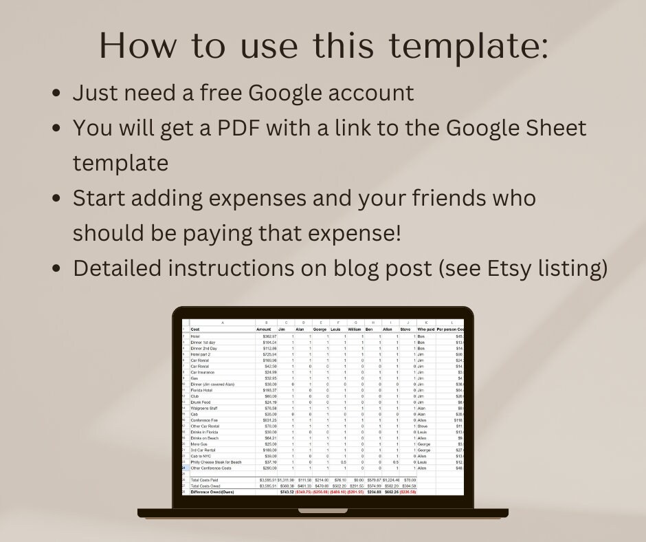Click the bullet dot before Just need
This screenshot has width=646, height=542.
coord(57,94)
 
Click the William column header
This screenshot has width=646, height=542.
coord(355,329)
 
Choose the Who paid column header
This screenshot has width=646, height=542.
coord(426,329)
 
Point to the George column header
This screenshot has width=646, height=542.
coord(320,329)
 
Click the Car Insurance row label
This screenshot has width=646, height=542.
coord(203,372)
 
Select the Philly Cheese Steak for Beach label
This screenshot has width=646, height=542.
coord(216,462)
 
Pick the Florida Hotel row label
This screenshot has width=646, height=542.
coord(201,390)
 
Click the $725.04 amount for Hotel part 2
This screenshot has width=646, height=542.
coord(267,354)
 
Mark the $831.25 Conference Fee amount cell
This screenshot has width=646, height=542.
coord(267,420)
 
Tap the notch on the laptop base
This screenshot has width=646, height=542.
coord(323,511)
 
